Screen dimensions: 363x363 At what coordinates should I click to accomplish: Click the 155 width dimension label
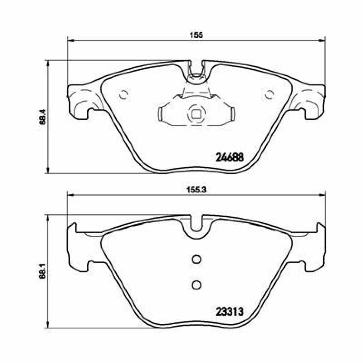click(196, 35)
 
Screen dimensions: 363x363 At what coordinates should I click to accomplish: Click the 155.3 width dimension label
click(196, 190)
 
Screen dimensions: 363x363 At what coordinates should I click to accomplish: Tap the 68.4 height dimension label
click(43, 117)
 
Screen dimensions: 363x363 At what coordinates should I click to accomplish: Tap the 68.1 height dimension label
click(43, 271)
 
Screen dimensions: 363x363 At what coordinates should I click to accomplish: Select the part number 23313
click(230, 312)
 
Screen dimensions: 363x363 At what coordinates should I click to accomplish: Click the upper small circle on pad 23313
click(197, 259)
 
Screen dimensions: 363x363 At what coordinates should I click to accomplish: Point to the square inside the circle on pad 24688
click(197, 114)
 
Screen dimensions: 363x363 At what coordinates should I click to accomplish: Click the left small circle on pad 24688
click(124, 94)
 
